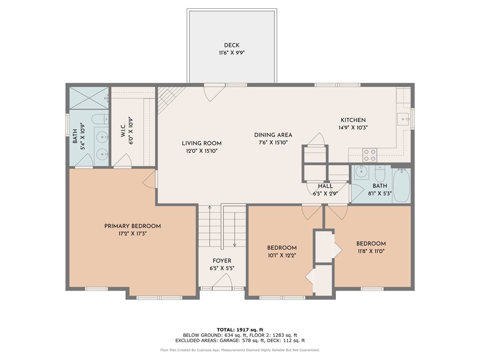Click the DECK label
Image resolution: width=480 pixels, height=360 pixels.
232,45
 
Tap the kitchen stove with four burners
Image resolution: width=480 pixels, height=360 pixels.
370,155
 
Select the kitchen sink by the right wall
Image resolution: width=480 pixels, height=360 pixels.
403,119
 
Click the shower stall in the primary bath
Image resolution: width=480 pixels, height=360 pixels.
89,98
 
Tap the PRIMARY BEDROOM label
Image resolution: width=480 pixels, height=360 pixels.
132,226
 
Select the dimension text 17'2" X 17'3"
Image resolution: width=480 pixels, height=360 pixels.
132,234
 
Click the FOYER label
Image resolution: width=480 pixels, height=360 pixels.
222,261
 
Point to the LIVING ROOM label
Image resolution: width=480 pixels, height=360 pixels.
201,143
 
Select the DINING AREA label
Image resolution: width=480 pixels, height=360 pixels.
273,135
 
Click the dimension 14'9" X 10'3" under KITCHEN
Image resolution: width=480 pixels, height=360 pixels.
353,128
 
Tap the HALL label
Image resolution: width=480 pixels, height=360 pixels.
325,186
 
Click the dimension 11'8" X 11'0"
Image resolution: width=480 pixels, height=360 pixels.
371,251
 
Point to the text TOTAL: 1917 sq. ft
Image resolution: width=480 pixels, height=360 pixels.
240,329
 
